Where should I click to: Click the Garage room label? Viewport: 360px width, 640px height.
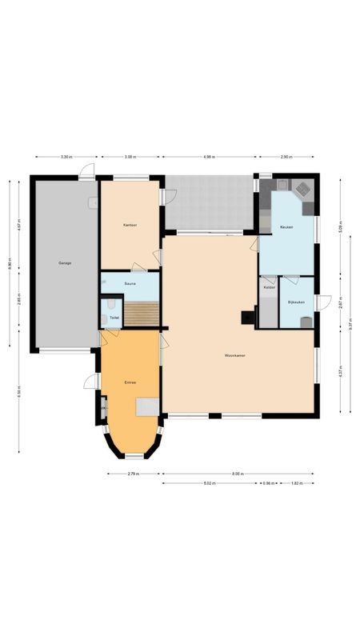(64, 263)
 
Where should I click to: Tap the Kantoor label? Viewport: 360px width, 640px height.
(130, 226)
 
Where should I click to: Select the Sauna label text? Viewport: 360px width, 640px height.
(130, 283)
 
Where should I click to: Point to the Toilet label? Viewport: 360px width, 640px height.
(114, 318)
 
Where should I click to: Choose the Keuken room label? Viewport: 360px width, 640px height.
(286, 227)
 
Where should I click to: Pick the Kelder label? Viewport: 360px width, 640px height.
(269, 288)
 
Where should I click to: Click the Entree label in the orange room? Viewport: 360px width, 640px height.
(130, 382)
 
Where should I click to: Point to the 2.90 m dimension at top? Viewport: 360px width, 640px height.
(286, 158)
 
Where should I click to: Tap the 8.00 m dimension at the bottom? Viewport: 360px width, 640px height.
(238, 474)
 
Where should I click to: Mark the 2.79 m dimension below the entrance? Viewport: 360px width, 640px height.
(134, 474)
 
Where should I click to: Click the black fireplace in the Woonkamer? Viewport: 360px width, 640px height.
(247, 317)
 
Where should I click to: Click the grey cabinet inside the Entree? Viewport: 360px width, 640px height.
(145, 408)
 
